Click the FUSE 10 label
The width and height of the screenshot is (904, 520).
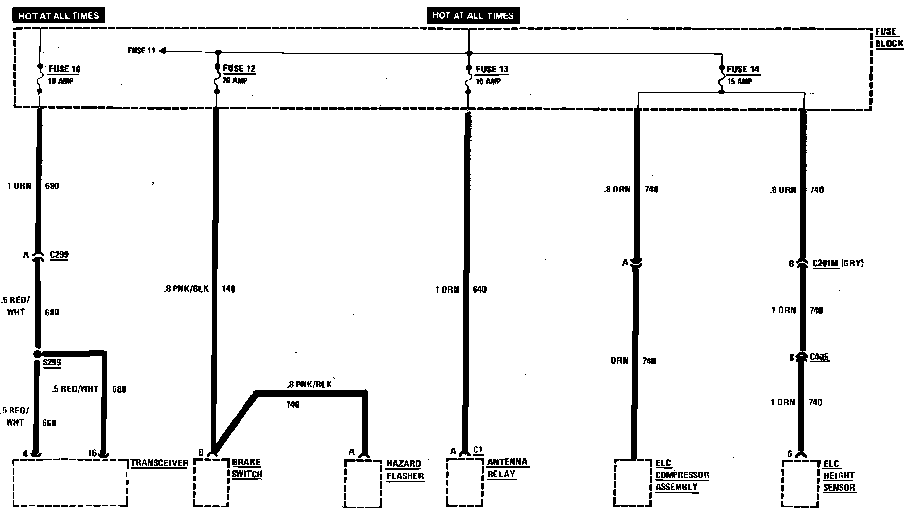64,69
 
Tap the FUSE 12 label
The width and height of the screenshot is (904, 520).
239,68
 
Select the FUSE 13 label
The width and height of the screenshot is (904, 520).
492,69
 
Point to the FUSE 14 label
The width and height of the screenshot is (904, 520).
743,69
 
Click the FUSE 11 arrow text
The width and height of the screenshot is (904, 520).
141,51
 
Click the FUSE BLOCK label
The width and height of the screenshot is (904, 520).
889,38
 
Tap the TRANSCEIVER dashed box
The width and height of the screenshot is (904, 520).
70,483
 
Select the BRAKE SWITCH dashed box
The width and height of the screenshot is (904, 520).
211,483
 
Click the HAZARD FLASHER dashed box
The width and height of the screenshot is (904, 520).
363,484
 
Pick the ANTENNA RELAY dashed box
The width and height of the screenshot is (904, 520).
464,482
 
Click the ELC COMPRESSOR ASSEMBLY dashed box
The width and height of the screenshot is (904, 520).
633,483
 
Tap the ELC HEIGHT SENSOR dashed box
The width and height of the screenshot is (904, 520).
800,484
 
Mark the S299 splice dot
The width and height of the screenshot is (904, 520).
37,354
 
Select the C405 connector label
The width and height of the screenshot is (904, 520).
819,357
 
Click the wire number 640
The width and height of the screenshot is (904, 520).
479,289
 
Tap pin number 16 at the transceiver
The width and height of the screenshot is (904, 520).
92,453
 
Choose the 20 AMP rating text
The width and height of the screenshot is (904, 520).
235,81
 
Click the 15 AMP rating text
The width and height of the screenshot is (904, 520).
740,82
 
